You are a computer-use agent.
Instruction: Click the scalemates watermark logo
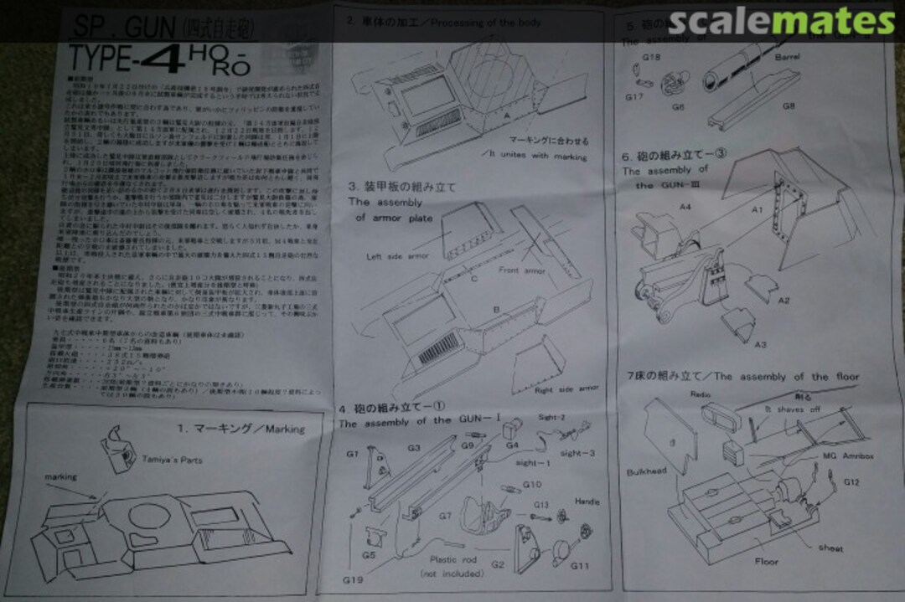tap(782, 20)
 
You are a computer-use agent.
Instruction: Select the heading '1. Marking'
tap(240, 429)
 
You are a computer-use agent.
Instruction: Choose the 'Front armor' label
tap(522, 270)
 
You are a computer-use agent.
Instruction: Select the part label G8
tap(789, 106)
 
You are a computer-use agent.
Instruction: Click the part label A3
tap(759, 344)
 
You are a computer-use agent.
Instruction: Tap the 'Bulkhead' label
tap(646, 471)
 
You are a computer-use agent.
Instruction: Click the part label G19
tap(353, 579)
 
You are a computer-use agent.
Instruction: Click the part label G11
tap(580, 566)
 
